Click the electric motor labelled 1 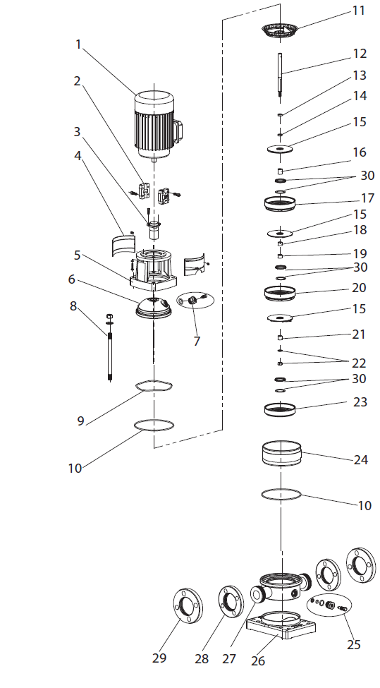click(157, 126)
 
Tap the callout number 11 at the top click(359, 11)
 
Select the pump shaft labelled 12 click(280, 78)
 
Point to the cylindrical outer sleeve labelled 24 click(282, 454)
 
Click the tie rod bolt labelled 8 click(109, 347)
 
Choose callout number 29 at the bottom click(159, 658)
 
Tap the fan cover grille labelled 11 click(280, 30)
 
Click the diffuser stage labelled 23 click(280, 410)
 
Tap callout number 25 click(354, 644)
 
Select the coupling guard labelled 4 click(122, 244)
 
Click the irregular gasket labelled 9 click(154, 386)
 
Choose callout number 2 click(77, 81)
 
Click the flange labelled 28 click(231, 603)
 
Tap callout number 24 click(361, 459)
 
